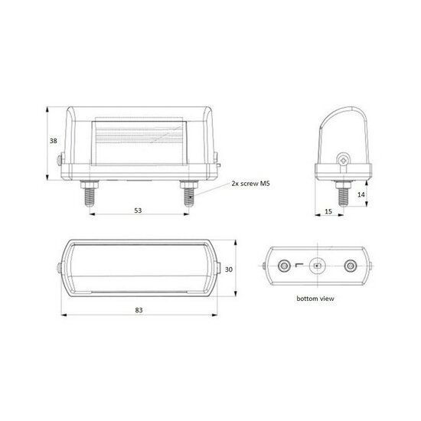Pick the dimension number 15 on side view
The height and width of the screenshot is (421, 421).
coord(327,211)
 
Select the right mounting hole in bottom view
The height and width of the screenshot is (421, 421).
coord(351,266)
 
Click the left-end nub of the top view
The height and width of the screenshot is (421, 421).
coord(60,267)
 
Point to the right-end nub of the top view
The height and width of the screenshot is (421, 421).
coord(223,267)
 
